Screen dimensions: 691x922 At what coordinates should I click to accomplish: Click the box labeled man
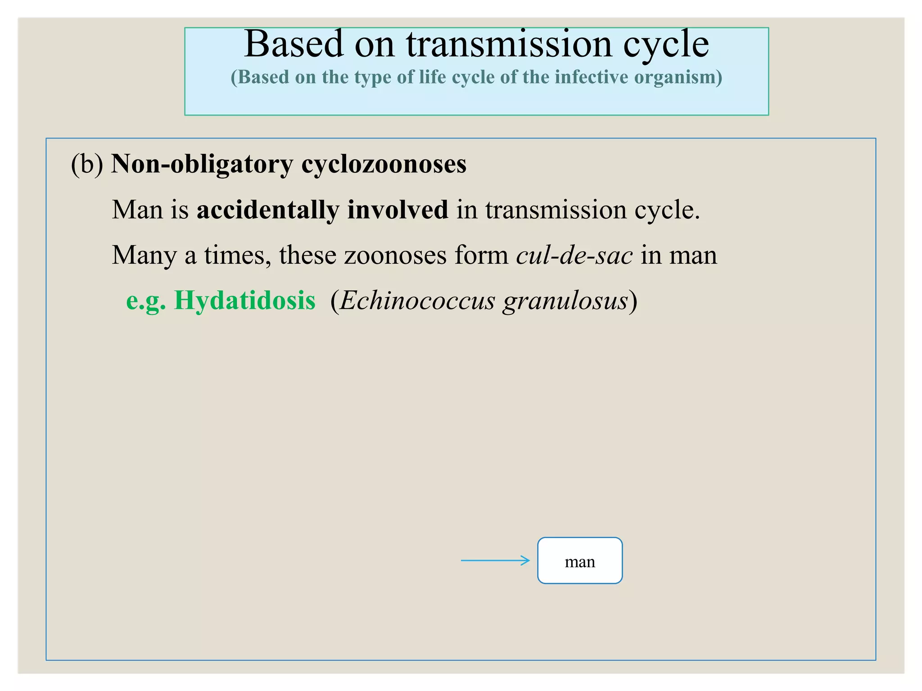[x=579, y=561]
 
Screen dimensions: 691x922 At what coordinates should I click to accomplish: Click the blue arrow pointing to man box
[x=495, y=561]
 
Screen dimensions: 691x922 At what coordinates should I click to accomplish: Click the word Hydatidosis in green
[x=244, y=300]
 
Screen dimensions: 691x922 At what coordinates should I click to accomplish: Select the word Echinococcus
[x=417, y=300]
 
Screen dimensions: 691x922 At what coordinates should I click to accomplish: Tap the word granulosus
[x=565, y=300]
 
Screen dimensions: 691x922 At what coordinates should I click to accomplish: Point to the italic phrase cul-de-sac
[x=574, y=255]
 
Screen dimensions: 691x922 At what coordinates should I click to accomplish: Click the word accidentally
[x=268, y=210]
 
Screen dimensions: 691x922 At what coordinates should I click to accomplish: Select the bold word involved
[x=398, y=210]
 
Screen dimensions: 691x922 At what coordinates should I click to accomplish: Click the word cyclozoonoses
[x=384, y=163]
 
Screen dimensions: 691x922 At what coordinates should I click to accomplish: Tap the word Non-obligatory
[x=202, y=163]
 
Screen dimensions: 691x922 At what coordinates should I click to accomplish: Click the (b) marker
[x=87, y=163]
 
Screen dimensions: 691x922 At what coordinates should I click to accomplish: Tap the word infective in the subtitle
[x=591, y=77]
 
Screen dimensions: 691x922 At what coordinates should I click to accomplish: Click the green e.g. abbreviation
[x=146, y=300]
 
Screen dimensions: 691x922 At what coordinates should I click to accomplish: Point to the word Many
[x=144, y=255]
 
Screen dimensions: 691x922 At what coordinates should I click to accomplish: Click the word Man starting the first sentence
[x=137, y=210]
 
